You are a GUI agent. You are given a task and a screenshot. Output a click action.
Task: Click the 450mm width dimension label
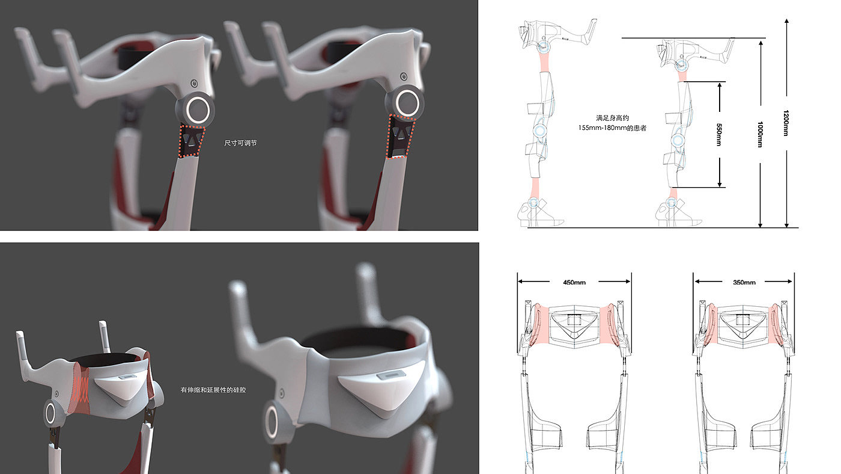pyautogui.click(x=574, y=282)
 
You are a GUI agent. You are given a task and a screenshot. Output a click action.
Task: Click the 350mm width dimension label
pyautogui.click(x=744, y=282)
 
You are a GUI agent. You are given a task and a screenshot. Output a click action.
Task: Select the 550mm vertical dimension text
pyautogui.click(x=719, y=135)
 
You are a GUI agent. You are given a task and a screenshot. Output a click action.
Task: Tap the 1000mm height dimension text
pyautogui.click(x=760, y=134)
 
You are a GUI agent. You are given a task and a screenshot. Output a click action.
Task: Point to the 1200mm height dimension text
pyautogui.click(x=786, y=123)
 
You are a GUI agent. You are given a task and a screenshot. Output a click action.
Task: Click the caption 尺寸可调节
pyautogui.click(x=241, y=143)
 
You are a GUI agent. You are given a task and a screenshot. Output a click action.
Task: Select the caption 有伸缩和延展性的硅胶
pyautogui.click(x=213, y=390)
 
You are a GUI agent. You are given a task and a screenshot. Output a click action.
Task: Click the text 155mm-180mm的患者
pyautogui.click(x=612, y=128)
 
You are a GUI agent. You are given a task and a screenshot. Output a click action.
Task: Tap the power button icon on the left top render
pyautogui.click(x=194, y=83)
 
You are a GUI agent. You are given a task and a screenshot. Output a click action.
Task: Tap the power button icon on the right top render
pyautogui.click(x=404, y=76)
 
